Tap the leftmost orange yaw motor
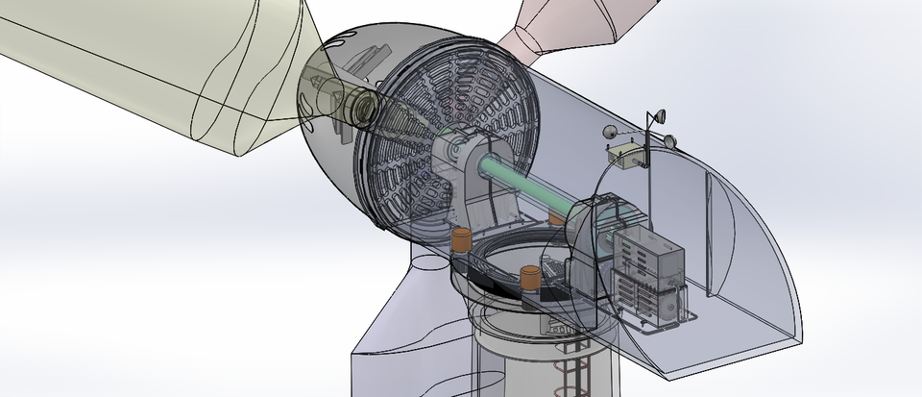point(462,240)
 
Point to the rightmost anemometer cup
point(670,142)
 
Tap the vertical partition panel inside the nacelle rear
point(711,231)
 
